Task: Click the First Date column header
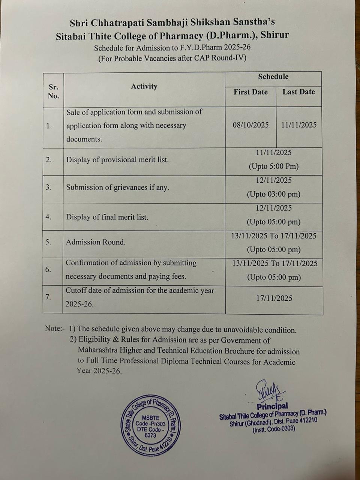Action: pyautogui.click(x=250, y=92)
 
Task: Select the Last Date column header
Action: pyautogui.click(x=298, y=92)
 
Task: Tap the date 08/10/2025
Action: pyautogui.click(x=250, y=125)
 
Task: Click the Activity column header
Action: pyautogui.click(x=144, y=87)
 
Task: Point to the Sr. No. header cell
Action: pyautogui.click(x=53, y=91)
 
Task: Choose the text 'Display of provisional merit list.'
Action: pyautogui.click(x=117, y=160)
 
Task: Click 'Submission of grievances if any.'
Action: pyautogui.click(x=117, y=187)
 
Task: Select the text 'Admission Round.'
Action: pyautogui.click(x=96, y=242)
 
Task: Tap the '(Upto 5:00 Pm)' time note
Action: pyautogui.click(x=273, y=166)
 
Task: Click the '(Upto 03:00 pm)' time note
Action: pyautogui.click(x=273, y=194)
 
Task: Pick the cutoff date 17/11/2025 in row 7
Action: pyautogui.click(x=274, y=298)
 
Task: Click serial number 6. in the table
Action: pyautogui.click(x=48, y=270)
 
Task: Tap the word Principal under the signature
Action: pyautogui.click(x=272, y=406)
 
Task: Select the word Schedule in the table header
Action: pyautogui.click(x=273, y=77)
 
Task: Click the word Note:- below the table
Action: pyautogui.click(x=55, y=328)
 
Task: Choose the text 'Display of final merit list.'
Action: pyautogui.click(x=107, y=217)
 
